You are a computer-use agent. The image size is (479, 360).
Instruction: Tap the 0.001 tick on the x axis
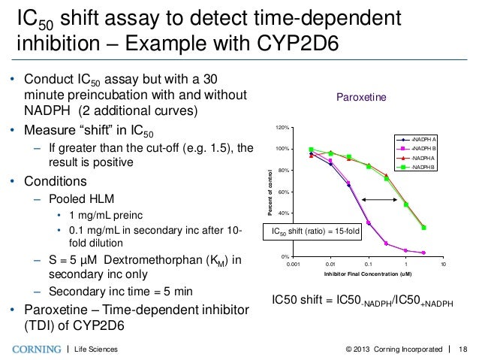pyautogui.click(x=293, y=265)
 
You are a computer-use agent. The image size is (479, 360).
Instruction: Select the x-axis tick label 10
pyautogui.click(x=443, y=265)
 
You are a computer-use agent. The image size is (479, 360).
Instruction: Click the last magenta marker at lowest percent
pyautogui.click(x=424, y=253)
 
